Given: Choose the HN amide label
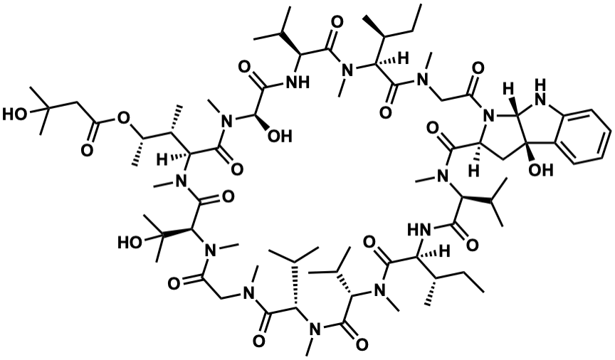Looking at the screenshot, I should pyautogui.click(x=418, y=229).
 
